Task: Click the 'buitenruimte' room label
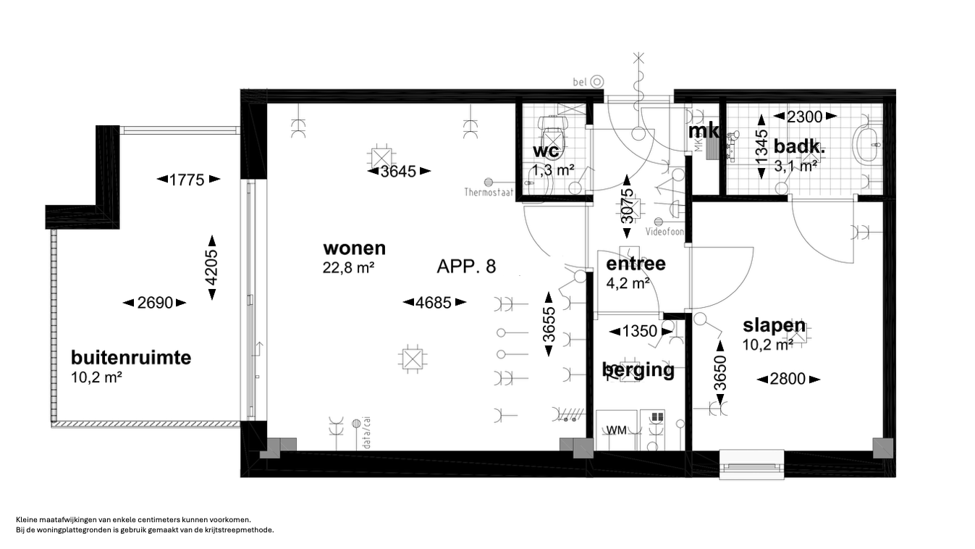(x=131, y=359)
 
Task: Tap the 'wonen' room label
(x=354, y=248)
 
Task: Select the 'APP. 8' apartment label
(x=466, y=267)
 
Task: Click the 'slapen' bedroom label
(x=774, y=326)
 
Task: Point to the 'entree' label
(x=636, y=264)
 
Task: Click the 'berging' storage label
(x=638, y=370)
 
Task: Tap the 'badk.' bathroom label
(x=799, y=147)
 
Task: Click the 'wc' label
(x=546, y=151)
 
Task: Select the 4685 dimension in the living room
(x=434, y=303)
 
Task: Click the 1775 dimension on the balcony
(x=187, y=180)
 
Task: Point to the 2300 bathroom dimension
(x=805, y=116)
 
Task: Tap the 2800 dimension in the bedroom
(x=788, y=380)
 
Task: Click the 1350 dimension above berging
(x=641, y=332)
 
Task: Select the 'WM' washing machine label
(x=616, y=430)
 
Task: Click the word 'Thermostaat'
(x=489, y=193)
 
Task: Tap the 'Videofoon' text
(x=664, y=232)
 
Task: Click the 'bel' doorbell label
(x=581, y=83)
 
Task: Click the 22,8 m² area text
(x=348, y=268)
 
